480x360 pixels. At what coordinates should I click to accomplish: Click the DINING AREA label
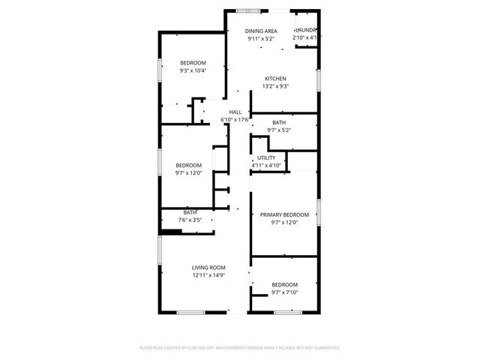(261, 31)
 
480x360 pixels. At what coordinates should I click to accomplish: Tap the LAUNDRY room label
(307, 31)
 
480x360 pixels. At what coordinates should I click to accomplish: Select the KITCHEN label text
(275, 79)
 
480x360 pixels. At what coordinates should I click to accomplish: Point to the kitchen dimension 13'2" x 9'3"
(275, 86)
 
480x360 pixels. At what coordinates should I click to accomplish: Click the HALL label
(235, 112)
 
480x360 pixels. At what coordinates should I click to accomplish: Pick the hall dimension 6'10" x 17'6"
(235, 119)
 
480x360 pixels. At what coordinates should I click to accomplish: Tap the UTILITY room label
(266, 157)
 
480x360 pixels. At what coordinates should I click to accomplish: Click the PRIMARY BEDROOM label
(284, 214)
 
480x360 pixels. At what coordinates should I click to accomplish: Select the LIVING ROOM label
(208, 268)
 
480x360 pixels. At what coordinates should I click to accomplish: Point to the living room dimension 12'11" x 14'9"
(208, 275)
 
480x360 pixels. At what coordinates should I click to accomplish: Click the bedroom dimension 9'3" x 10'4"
(193, 70)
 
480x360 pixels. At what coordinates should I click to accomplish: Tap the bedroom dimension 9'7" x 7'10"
(284, 292)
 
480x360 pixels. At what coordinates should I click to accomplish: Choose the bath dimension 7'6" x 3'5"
(190, 220)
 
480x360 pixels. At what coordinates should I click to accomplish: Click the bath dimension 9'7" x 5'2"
(279, 130)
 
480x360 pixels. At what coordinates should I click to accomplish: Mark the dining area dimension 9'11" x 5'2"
(261, 38)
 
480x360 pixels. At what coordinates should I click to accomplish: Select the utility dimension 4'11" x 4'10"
(266, 165)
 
